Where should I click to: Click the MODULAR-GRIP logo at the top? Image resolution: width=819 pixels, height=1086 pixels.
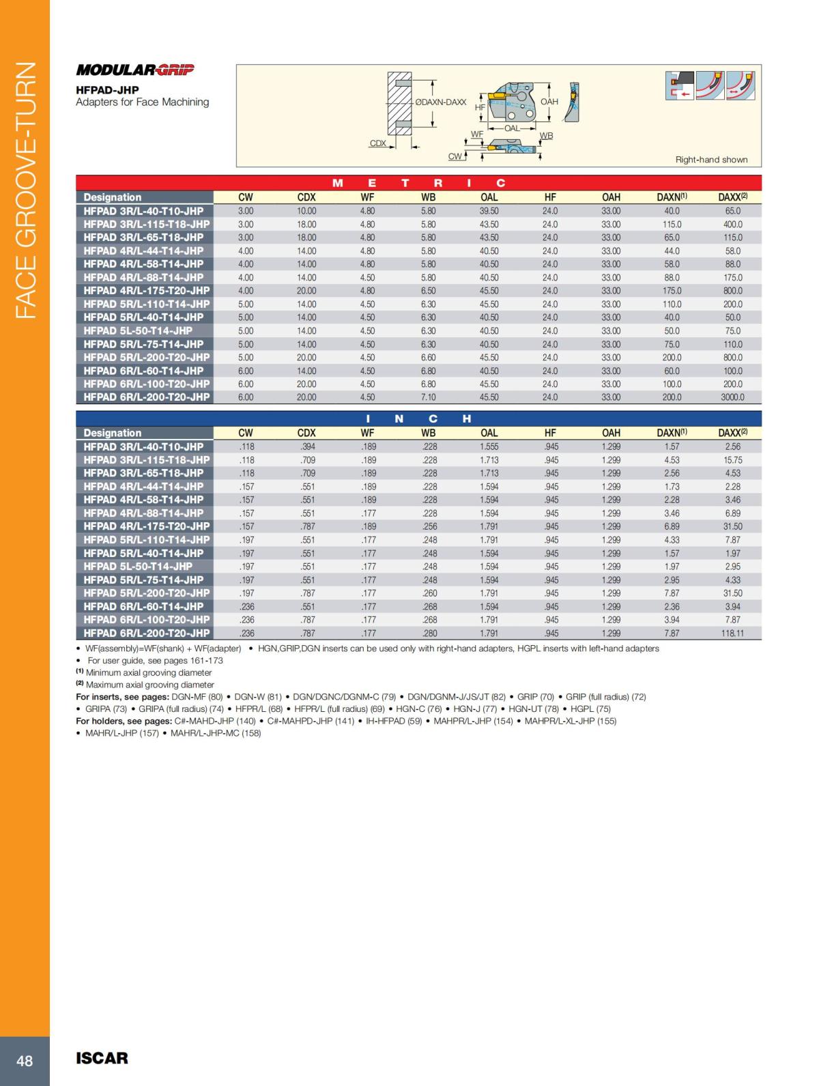coord(135,70)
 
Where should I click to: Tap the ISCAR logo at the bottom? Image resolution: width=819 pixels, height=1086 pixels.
coord(102,1058)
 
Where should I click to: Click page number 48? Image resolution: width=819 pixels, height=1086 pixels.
coord(25,1060)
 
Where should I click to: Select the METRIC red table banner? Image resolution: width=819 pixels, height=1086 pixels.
coord(418,183)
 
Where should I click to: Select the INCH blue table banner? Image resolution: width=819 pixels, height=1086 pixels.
coord(418,418)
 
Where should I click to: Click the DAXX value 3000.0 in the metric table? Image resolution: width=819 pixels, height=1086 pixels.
coord(732,397)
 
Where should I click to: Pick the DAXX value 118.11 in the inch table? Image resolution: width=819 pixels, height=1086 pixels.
coord(732,633)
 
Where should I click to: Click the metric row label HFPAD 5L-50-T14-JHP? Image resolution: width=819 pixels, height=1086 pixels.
coord(138,331)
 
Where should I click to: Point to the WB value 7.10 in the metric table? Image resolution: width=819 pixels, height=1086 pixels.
coord(428,397)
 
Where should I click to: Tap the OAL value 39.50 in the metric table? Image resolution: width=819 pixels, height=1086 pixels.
coord(489,211)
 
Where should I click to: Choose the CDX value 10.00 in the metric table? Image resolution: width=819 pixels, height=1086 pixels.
coord(306,211)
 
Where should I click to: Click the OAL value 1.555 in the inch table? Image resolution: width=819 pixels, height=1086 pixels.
coord(489,447)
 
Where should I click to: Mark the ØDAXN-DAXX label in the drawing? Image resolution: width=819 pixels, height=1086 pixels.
coord(440,102)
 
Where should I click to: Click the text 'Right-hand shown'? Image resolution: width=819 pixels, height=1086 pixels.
coord(711,160)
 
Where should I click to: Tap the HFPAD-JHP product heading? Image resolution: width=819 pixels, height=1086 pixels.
coord(107,90)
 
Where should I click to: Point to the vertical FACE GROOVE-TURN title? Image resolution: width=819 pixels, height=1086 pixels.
coord(25,190)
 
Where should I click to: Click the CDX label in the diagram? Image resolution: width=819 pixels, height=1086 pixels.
coord(377,143)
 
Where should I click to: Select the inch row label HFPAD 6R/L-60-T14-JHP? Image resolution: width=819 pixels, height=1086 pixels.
coord(143,607)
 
